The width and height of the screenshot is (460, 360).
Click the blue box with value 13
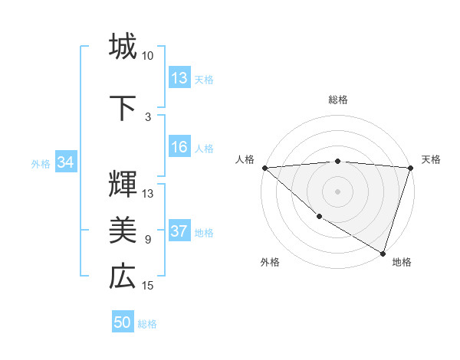pos(179,78)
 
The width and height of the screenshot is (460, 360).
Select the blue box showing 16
pos(179,148)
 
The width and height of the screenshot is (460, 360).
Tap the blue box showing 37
pos(179,232)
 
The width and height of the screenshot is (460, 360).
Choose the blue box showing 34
pos(65,162)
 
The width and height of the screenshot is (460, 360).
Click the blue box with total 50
pos(123,322)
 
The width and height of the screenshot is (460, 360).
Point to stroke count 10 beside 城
pos(148,56)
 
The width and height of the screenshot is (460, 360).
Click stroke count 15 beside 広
pos(148,286)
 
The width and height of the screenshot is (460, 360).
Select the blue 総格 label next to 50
pos(147,324)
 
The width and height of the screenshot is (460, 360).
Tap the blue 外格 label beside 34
pos(41,163)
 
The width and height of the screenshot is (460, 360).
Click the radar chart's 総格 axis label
pos(337,100)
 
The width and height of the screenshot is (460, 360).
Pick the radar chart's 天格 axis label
pos(431,159)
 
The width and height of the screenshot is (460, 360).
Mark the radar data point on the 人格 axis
pos(264,168)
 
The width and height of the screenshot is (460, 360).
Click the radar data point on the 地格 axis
pos(383,253)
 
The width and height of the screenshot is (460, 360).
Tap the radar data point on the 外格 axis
pos(319,217)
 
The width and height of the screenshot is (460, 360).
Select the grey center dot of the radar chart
pos(337,191)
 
